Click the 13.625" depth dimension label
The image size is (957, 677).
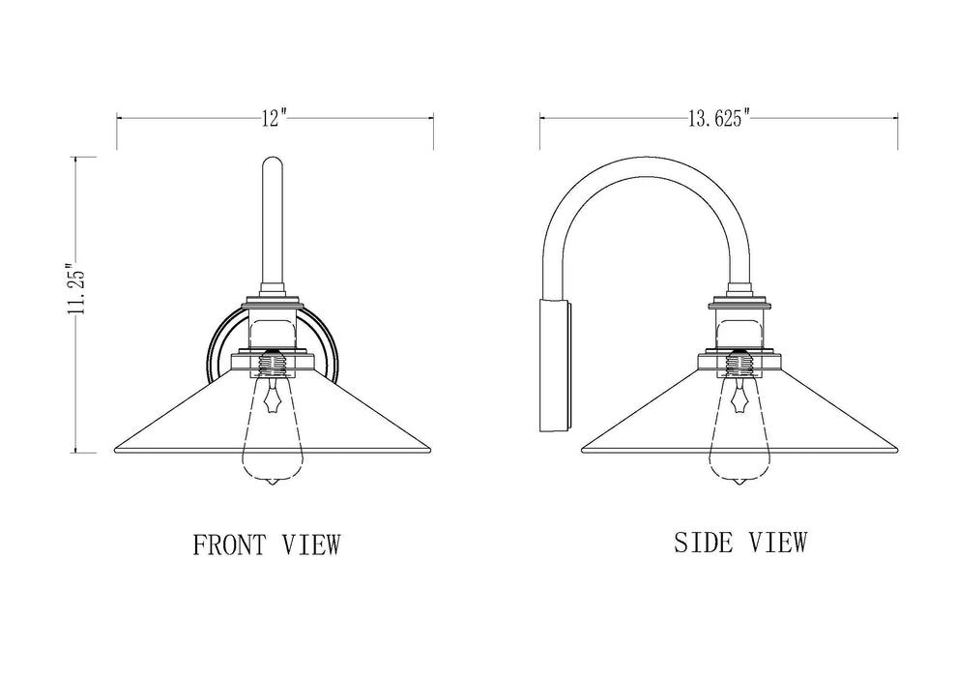point(719,119)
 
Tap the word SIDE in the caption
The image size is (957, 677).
point(704,543)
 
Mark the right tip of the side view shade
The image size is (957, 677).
point(898,450)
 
